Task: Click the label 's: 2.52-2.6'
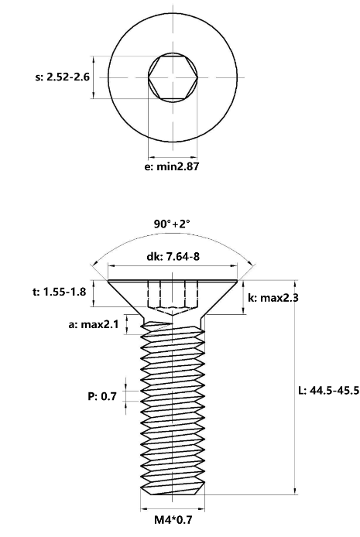(x=63, y=77)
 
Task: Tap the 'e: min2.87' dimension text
(x=172, y=167)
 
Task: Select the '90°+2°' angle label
(x=172, y=224)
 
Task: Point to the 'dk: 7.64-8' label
(x=173, y=256)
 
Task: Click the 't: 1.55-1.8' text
(x=59, y=292)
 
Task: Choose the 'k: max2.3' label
(x=273, y=298)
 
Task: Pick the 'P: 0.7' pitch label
(x=102, y=396)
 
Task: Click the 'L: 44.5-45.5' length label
(x=329, y=390)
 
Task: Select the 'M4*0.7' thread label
(x=173, y=520)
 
